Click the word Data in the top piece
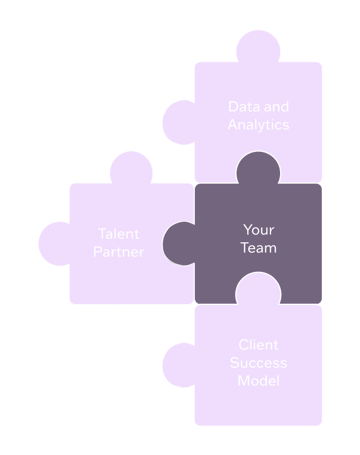tap(241, 107)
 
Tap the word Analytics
tap(259, 125)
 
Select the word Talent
tap(119, 234)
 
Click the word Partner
tap(119, 252)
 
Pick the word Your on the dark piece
tap(258, 230)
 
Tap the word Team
tap(258, 248)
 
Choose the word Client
tap(258, 345)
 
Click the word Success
tap(258, 363)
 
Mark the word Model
tap(258, 381)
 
